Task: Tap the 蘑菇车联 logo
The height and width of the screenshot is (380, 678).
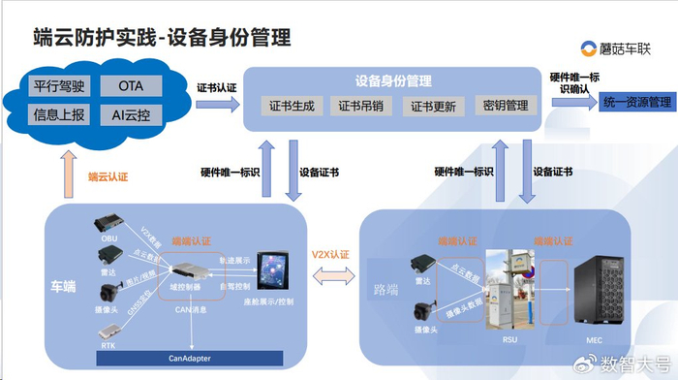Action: pyautogui.click(x=620, y=47)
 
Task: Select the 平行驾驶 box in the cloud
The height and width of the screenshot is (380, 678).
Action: pyautogui.click(x=57, y=86)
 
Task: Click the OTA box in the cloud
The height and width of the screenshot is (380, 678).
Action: pyautogui.click(x=131, y=86)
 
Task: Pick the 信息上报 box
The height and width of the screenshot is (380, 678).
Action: pyautogui.click(x=57, y=114)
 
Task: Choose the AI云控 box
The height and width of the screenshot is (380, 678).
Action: pyautogui.click(x=131, y=114)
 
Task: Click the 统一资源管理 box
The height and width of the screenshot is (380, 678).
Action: pyautogui.click(x=636, y=102)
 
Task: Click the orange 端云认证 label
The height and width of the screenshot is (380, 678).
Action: pyautogui.click(x=108, y=176)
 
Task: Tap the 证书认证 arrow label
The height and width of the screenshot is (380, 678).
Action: pyautogui.click(x=216, y=86)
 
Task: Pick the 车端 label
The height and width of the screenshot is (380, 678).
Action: pyautogui.click(x=65, y=286)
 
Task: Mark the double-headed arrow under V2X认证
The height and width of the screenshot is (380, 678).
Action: pyautogui.click(x=330, y=274)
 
